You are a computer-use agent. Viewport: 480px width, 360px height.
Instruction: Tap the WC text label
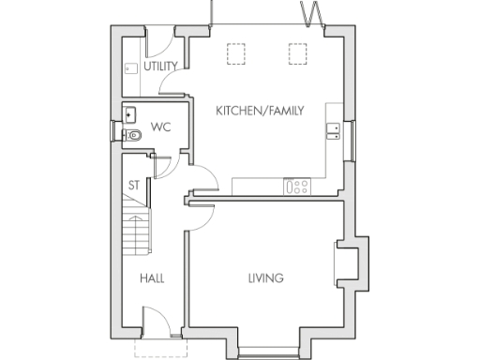(159, 126)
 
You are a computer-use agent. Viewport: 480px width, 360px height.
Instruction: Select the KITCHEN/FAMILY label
(260, 111)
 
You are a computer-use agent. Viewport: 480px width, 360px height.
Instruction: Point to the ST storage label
(133, 185)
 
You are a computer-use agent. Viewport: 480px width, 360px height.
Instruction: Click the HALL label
(153, 278)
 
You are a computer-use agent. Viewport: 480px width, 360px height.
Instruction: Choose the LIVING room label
(265, 278)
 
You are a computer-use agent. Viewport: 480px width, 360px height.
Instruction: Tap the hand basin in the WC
(130, 115)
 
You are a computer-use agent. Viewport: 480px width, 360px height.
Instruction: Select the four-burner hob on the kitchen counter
(297, 186)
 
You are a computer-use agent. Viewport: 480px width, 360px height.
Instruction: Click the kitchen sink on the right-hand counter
(333, 130)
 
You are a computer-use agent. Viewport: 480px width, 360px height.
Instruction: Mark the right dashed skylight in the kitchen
(298, 54)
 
